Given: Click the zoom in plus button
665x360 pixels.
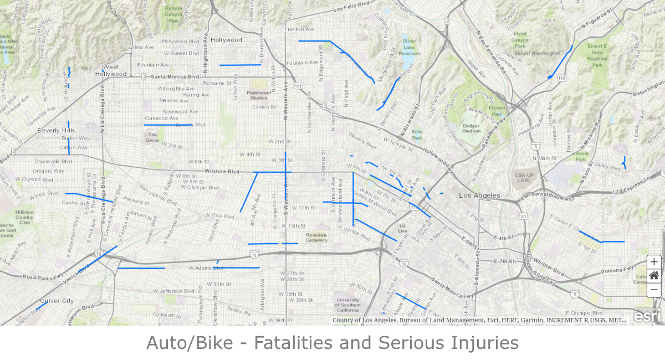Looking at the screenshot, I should [x=654, y=262].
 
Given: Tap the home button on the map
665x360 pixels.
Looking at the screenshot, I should [x=654, y=275].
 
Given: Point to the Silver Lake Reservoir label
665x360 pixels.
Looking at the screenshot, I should [x=410, y=47].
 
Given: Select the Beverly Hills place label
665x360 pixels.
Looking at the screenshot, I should [x=56, y=130].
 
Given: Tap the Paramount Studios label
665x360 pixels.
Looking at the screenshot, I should [x=259, y=95].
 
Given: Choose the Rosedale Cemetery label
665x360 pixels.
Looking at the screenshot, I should [x=316, y=238].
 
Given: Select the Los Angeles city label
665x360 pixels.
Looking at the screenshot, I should [x=479, y=196].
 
